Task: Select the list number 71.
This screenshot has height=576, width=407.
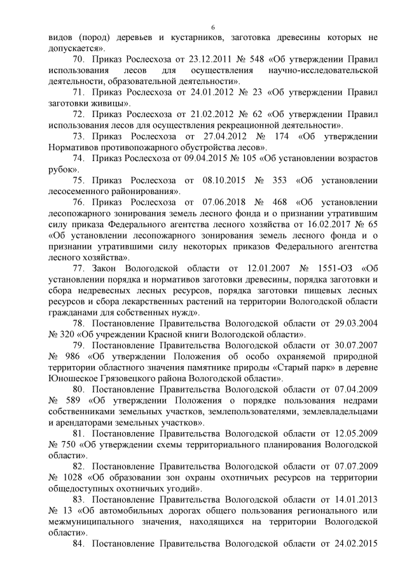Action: (x=80, y=92)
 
